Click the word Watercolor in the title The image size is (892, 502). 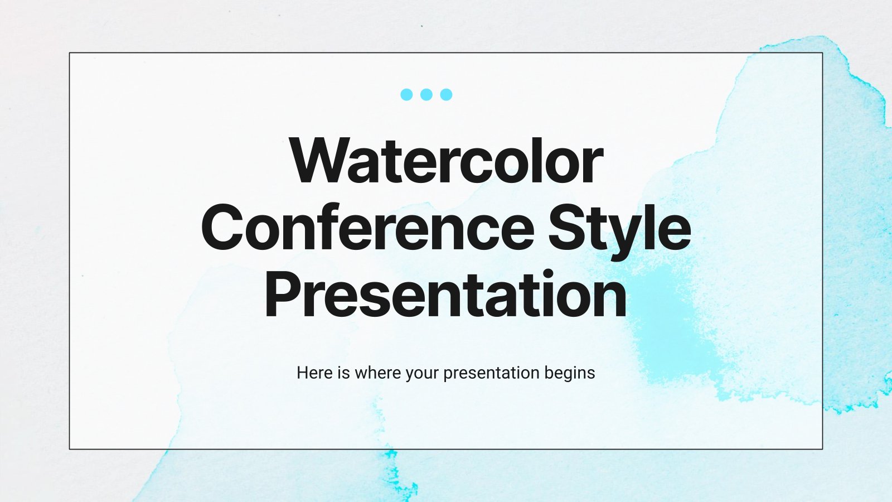[x=447, y=161]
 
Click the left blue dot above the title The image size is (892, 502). [x=406, y=94]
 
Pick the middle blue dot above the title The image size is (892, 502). [x=426, y=94]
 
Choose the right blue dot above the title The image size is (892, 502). [x=446, y=94]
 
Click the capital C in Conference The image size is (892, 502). [x=222, y=227]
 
